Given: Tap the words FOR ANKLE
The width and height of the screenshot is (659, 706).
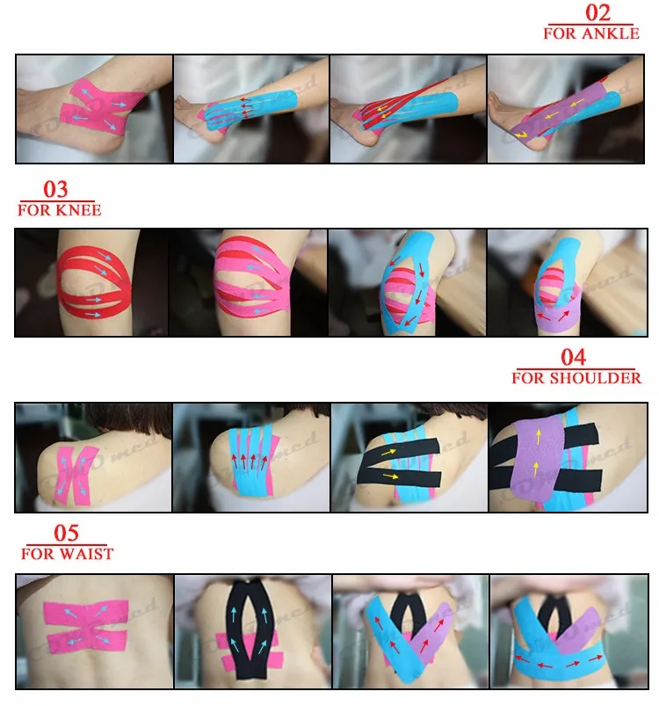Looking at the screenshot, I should (x=590, y=34).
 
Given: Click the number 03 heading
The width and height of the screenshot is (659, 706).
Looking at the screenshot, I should (x=55, y=190).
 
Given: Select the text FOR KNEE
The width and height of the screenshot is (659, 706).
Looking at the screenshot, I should (x=60, y=210).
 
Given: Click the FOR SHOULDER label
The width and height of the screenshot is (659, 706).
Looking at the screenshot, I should (x=576, y=378).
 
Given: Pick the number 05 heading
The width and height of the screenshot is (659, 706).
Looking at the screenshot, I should (x=66, y=534).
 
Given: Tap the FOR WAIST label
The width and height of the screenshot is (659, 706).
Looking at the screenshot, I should (x=68, y=554).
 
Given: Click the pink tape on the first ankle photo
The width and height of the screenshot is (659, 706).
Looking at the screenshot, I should (x=93, y=110).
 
